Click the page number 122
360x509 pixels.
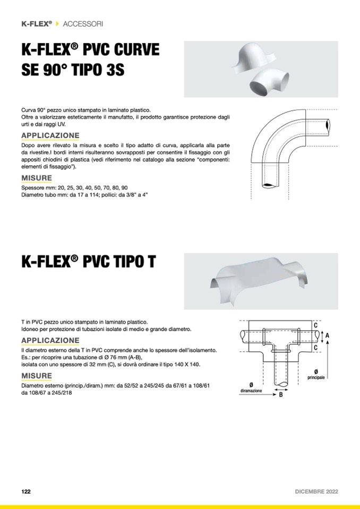click(26, 491)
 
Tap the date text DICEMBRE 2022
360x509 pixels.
click(316, 491)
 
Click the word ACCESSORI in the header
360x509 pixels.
click(83, 24)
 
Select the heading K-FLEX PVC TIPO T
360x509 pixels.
click(89, 262)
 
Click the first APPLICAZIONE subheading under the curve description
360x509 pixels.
click(50, 135)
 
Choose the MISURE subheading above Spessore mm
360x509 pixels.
click(37, 178)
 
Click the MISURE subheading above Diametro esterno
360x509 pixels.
click(37, 376)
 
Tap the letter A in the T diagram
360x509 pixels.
click(327, 335)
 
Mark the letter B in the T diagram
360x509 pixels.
click(281, 395)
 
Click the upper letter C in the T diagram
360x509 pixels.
click(315, 325)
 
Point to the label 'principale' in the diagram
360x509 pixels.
click(316, 377)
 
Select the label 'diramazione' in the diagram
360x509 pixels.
click(251, 391)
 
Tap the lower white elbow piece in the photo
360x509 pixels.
click(269, 84)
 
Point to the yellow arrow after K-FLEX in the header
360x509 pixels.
click(57, 24)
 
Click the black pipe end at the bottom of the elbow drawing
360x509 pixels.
click(270, 185)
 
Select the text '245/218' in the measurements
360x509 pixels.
click(62, 393)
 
